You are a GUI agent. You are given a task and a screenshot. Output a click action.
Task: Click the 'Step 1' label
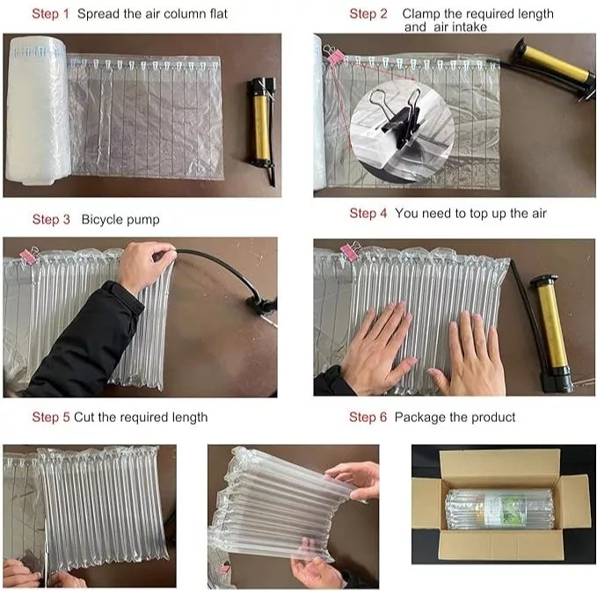pos(51,14)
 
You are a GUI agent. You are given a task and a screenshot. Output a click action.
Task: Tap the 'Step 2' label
pos(368,14)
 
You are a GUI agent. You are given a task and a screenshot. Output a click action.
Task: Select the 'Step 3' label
pos(51,220)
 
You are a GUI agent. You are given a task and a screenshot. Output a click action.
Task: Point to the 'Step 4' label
pos(368,214)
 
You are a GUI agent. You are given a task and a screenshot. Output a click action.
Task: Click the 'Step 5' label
pos(51,418)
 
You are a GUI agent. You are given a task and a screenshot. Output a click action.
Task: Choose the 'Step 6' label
pos(368,418)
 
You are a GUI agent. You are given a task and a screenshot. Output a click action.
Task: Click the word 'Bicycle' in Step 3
pos(102,220)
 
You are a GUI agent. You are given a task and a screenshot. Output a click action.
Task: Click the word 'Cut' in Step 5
pos(84,418)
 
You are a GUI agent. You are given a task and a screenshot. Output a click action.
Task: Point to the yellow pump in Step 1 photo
pos(262,128)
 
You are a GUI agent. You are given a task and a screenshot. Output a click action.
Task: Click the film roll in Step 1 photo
pos(37,111)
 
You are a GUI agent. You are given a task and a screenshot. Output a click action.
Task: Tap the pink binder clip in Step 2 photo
pos(333,55)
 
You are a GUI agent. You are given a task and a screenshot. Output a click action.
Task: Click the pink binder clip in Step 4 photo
pos(350,251)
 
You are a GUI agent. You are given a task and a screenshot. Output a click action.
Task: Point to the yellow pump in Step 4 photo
pos(550,332)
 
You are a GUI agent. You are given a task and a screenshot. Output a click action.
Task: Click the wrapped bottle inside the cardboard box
pos(499,510)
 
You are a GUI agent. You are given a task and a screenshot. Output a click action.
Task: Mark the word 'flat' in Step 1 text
pos(218,14)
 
